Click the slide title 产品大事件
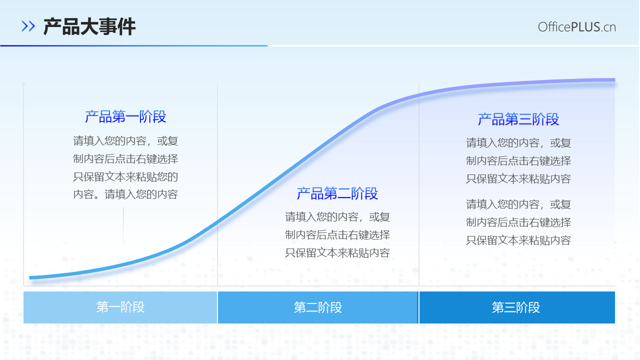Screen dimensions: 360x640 coord(89,26)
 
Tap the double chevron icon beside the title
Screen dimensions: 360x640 coord(28,26)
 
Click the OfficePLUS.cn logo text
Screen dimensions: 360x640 coord(576,27)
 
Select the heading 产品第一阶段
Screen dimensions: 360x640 coord(125,117)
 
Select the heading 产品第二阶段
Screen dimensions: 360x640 coord(337,193)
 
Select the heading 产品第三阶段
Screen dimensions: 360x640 coord(518,119)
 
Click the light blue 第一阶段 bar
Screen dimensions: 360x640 coord(120,307)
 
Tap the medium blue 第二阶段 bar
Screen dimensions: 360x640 coord(318,307)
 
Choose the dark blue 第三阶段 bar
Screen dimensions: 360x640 coord(516,307)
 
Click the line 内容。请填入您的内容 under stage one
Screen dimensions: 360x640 coord(125,194)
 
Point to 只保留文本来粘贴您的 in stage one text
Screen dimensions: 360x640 coord(125,176)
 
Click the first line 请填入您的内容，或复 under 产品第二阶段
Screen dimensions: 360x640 coord(337,216)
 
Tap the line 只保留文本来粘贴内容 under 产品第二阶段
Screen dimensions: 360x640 coord(337,252)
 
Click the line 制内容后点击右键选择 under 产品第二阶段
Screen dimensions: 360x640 coord(337,234)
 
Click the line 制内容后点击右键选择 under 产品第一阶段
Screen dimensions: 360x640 coord(125,159)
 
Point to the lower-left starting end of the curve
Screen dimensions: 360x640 coord(31,277)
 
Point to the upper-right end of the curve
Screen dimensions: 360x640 coord(613,79)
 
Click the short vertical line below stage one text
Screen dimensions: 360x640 coord(123,225)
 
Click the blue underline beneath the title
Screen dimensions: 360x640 coord(134,45)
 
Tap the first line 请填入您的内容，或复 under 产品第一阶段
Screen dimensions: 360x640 coord(125,141)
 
